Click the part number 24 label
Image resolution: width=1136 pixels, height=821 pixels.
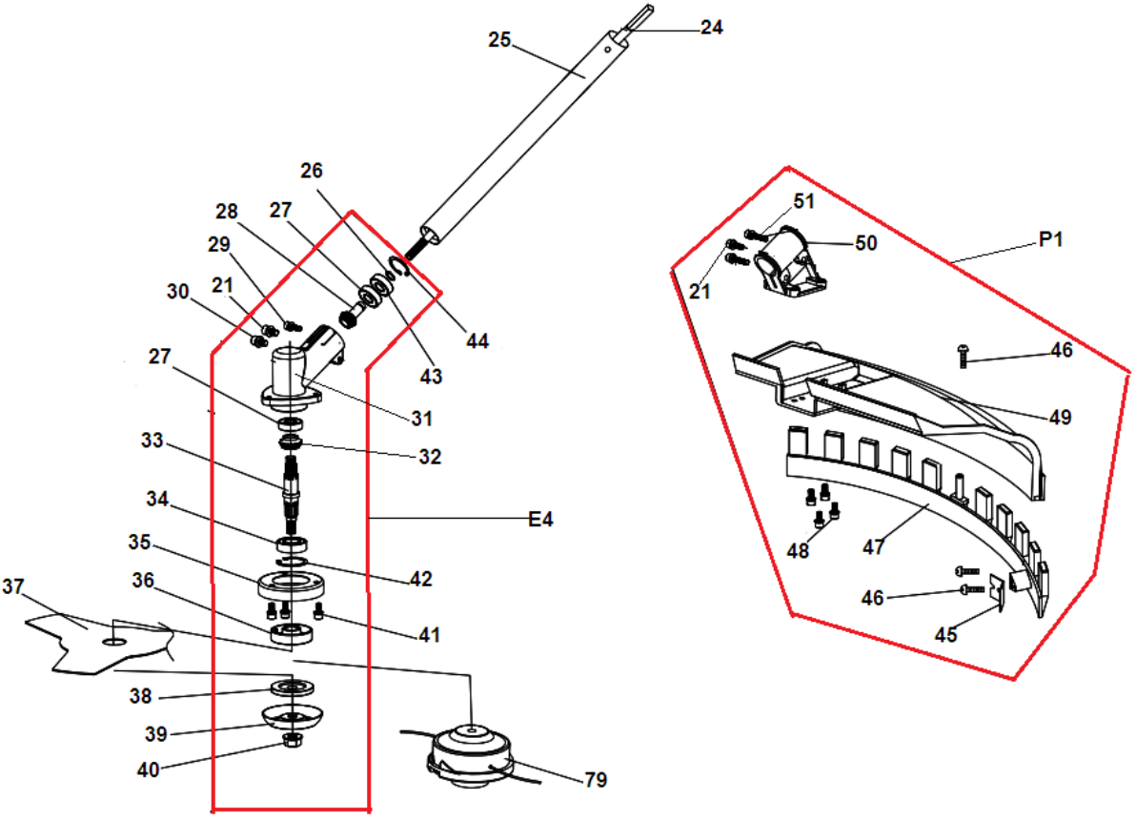[712, 28]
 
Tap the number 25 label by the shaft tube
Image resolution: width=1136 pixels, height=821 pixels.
[499, 40]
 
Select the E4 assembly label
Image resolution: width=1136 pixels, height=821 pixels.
[540, 520]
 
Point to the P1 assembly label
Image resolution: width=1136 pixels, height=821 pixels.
[1050, 239]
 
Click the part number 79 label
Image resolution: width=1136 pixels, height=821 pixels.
[596, 780]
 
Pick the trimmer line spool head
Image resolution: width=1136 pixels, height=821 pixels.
[471, 758]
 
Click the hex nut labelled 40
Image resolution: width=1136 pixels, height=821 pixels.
[292, 740]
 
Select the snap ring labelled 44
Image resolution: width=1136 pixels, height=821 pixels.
[400, 267]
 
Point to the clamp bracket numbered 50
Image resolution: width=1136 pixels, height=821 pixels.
[786, 262]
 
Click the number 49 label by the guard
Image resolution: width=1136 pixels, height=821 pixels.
[1060, 418]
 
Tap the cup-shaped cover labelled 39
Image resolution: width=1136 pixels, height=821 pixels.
[292, 716]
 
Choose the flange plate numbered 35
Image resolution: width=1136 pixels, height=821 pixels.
[291, 585]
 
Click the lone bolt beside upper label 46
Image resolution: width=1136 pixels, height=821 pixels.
[963, 356]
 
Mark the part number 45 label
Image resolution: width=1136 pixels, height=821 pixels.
[945, 635]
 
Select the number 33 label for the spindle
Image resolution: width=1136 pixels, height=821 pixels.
[152, 441]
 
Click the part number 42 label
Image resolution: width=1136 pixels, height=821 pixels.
[420, 579]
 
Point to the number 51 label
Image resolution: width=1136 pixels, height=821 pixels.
[803, 201]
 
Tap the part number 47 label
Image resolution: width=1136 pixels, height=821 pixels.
[873, 547]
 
